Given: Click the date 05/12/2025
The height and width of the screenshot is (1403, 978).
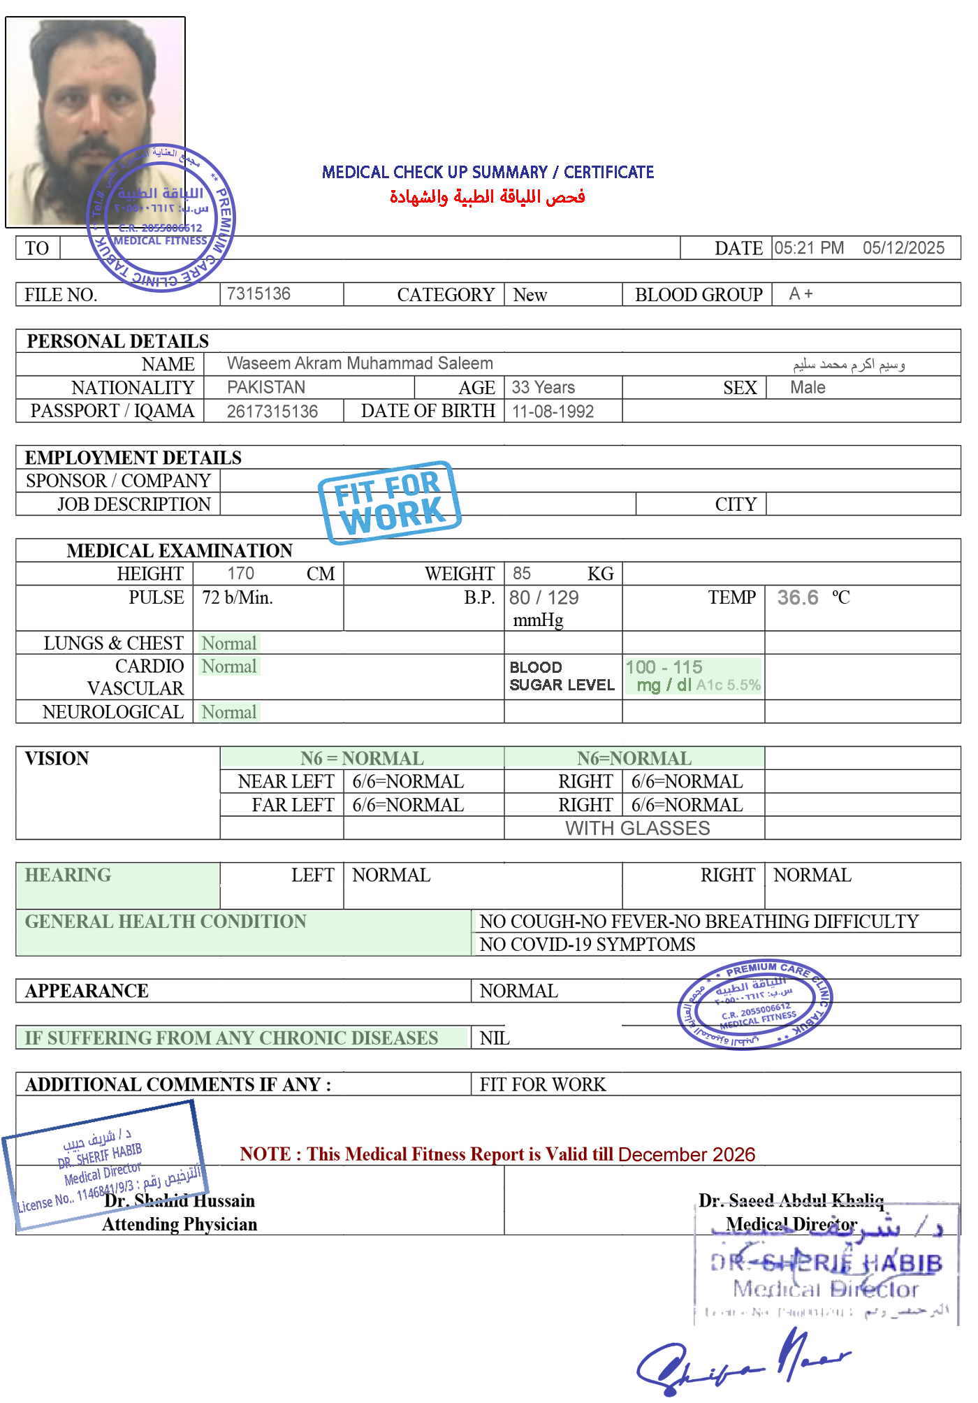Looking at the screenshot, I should point(903,248).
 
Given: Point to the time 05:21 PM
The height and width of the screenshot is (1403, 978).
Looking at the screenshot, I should point(809,248).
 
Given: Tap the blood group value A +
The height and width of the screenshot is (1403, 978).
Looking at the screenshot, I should point(801,294).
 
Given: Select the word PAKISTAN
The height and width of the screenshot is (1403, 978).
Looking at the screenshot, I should point(266,387).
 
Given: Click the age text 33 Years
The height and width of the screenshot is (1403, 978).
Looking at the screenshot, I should point(543,387).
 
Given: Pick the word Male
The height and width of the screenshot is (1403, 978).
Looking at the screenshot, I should point(808,387).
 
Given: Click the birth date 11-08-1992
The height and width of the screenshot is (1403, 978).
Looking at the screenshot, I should point(553,412).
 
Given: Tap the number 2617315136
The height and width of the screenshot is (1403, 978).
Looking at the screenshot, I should point(272,412).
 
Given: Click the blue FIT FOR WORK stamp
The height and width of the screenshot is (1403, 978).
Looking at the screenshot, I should point(389,502).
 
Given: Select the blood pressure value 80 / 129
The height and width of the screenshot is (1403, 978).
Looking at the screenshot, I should point(544,597).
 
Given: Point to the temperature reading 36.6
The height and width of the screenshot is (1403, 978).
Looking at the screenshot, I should point(798,597).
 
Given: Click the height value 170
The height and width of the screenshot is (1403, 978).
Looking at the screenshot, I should point(241,574).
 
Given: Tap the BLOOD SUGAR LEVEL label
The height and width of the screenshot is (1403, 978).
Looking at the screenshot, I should point(562,676).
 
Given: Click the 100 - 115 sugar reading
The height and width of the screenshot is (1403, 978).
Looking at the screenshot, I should point(664,667).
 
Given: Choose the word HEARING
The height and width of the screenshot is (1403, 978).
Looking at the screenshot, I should point(68,875).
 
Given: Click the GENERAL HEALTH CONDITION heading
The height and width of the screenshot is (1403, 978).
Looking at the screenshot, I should point(166,922).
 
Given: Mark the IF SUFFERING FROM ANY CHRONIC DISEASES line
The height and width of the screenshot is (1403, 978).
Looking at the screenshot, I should point(231,1038).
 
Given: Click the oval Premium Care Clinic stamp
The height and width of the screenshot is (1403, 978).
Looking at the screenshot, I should point(754,1004).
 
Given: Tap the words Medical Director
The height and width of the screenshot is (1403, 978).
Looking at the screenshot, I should point(791,1224).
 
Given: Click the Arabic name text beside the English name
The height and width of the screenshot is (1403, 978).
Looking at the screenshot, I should point(849,364).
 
